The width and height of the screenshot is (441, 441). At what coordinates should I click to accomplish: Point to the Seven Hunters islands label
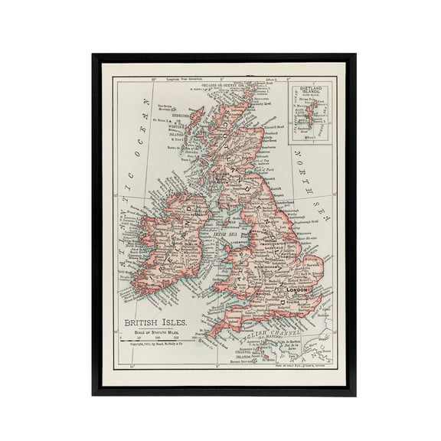click(x=168, y=108)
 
